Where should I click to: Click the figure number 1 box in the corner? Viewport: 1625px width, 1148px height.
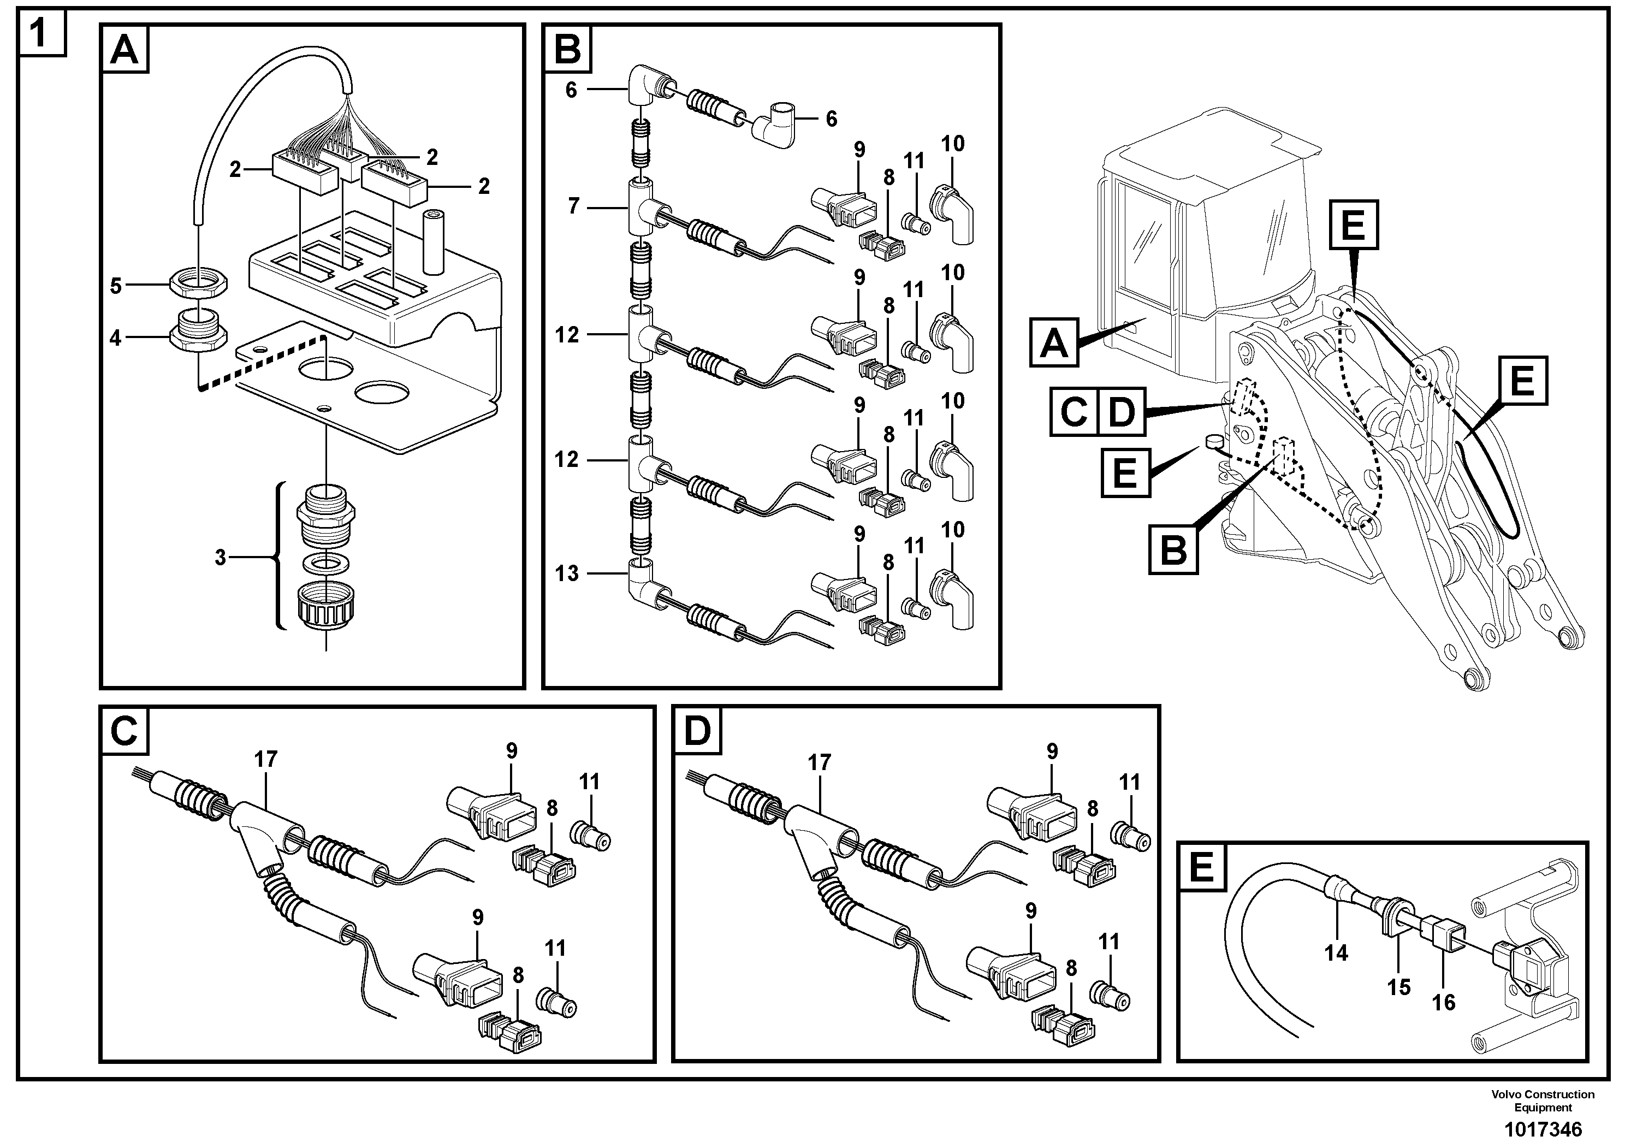coord(41,32)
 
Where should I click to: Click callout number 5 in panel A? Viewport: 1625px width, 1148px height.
coord(116,286)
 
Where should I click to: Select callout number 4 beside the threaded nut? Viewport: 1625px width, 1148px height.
coord(116,338)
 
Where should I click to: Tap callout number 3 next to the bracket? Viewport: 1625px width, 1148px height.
coord(220,558)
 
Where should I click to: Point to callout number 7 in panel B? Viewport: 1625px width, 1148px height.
coord(573,206)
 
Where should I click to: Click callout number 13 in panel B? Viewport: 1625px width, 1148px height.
coord(567,573)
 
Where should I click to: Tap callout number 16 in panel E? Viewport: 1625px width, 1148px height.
coord(1443,1002)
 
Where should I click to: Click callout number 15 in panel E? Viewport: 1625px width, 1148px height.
coord(1398,987)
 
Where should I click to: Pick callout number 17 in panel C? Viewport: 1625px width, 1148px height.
coord(265,760)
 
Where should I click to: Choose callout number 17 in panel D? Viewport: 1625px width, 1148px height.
coord(819,762)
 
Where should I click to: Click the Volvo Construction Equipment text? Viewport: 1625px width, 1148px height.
coord(1543,1100)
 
